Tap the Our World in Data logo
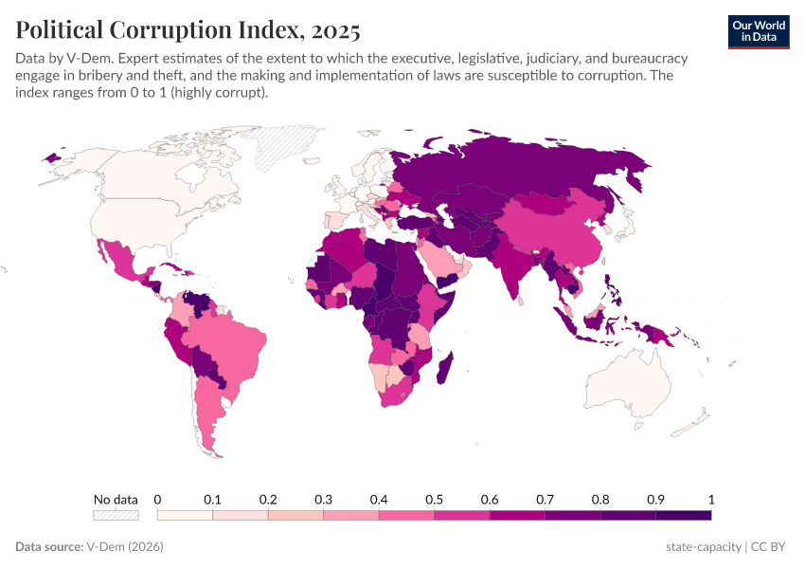(758, 30)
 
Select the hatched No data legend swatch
(116, 515)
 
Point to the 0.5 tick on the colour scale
(434, 500)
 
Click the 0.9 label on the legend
(655, 500)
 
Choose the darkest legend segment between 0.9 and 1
(683, 515)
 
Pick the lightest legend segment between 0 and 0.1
(185, 515)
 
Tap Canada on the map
(161, 180)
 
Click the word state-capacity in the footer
(703, 547)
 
